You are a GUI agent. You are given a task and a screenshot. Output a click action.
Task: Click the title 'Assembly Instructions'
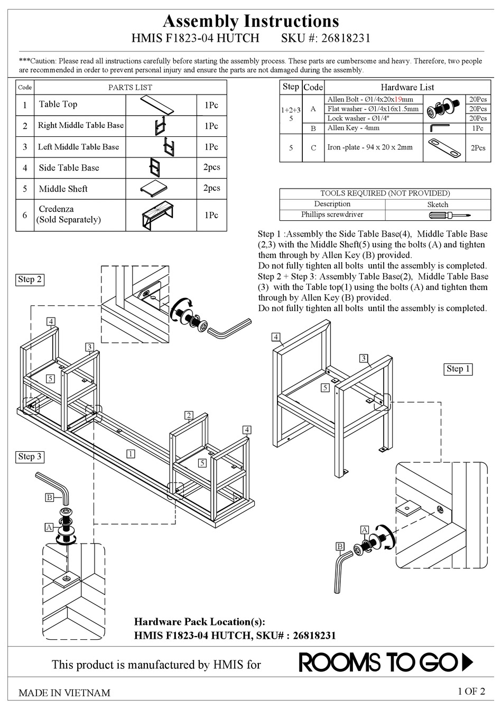pos(250,21)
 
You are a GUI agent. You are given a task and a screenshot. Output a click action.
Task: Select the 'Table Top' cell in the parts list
pos(58,105)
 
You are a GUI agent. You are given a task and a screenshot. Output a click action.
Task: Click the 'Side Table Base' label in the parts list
pos(69,168)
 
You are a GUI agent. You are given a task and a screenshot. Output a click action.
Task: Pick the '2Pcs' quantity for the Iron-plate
pos(478,148)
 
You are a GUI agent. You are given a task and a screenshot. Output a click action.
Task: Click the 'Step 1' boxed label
pos(458,369)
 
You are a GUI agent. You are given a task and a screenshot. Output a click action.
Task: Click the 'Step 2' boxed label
pos(30,279)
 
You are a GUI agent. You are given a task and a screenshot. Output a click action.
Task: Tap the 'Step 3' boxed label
pos(30,456)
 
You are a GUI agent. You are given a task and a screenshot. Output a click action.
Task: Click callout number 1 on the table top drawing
pos(131,453)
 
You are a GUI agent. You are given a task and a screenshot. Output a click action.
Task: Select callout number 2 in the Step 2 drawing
pos(189,415)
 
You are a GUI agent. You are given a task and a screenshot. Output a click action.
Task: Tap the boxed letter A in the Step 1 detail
pos(364,530)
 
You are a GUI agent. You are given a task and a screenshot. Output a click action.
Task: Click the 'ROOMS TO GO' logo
pos(386,662)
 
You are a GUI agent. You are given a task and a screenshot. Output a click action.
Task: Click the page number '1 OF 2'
pos(471,691)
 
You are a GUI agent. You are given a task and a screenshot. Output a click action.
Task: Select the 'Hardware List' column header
pos(407,87)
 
